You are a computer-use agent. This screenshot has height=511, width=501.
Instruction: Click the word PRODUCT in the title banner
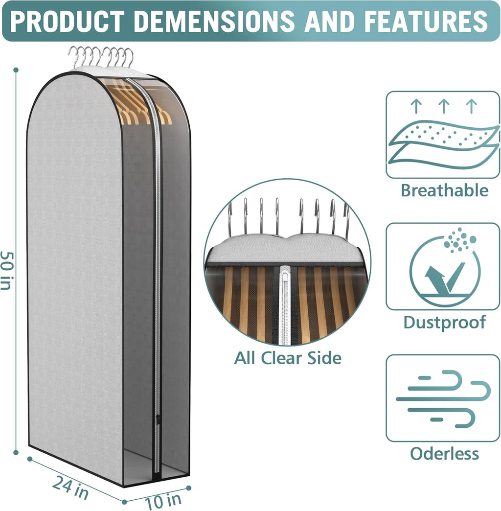coord(67,21)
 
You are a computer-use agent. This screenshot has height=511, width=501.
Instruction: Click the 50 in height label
coord(6,270)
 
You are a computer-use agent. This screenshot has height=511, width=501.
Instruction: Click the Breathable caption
coord(444,190)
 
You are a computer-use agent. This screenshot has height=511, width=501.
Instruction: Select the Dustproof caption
coord(444,323)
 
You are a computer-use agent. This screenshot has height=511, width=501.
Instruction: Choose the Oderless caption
coord(444,453)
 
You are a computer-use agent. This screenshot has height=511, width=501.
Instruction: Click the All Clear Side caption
coord(288,358)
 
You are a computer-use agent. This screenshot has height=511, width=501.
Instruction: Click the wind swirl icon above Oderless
coord(443,398)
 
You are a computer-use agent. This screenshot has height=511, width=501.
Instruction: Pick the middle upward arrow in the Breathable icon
coord(444,106)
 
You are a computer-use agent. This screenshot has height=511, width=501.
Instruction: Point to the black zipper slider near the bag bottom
coord(158,419)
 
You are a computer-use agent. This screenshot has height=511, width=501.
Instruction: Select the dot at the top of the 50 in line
coord(16,70)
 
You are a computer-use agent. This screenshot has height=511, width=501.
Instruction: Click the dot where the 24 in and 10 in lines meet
coord(124,502)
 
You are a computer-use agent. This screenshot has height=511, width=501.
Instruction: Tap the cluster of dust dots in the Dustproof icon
coord(459,239)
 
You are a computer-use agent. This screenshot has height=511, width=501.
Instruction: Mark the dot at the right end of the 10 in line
coord(188,488)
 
